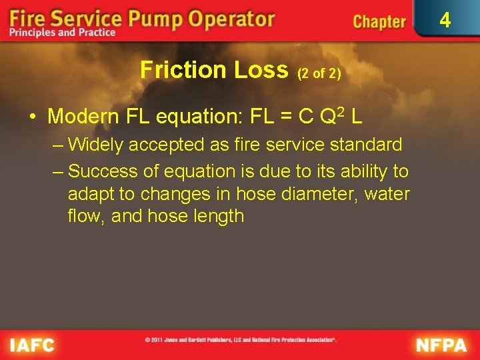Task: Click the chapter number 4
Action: (445, 20)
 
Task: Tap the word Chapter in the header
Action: (379, 22)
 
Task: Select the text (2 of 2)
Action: (319, 73)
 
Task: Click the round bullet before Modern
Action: (32, 117)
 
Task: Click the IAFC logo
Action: (33, 345)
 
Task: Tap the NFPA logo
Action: (441, 345)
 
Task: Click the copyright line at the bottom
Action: (240, 339)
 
